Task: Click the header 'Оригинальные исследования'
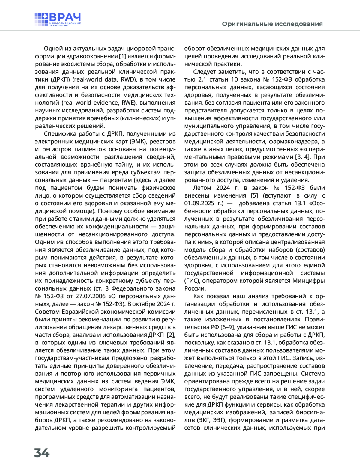click(x=272, y=24)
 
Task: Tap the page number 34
click(x=42, y=453)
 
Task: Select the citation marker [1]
click(x=122, y=56)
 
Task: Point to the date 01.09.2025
click(x=199, y=204)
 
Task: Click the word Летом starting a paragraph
click(x=202, y=188)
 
